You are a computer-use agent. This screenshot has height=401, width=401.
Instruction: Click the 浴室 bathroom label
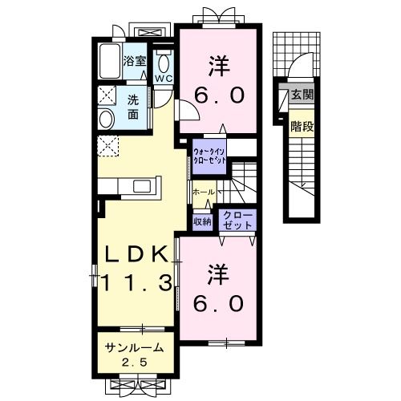click(x=134, y=60)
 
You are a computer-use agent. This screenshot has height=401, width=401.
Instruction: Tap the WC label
click(x=164, y=79)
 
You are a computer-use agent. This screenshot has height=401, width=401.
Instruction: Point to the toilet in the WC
click(x=164, y=62)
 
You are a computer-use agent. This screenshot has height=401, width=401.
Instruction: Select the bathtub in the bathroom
click(x=108, y=61)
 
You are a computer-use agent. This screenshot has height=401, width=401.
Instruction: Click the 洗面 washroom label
click(x=133, y=107)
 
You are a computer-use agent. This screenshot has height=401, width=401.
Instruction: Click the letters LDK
click(x=135, y=254)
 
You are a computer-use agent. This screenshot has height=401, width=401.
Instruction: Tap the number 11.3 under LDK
click(x=135, y=282)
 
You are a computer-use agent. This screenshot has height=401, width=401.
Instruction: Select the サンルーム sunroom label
click(x=135, y=347)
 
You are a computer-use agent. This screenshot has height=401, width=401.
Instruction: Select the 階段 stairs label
click(x=302, y=125)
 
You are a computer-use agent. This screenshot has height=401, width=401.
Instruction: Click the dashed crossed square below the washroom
click(x=107, y=146)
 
